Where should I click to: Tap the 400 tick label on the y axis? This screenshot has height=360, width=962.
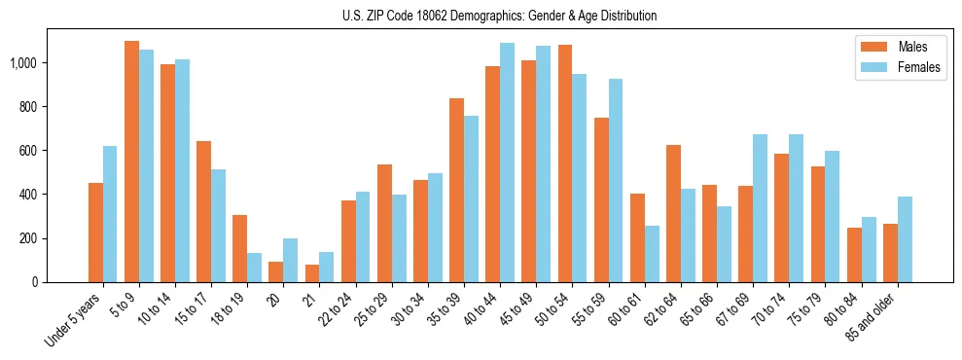tap(29, 195)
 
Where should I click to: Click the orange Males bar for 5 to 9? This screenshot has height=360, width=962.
tap(131, 162)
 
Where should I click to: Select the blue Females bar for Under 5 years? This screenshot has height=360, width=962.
tap(110, 214)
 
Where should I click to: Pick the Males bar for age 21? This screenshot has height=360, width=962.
tap(312, 273)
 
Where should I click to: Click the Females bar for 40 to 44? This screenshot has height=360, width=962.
tap(508, 162)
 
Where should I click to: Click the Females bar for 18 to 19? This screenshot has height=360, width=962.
tap(255, 268)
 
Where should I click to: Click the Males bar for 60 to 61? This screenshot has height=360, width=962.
tap(637, 237)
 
